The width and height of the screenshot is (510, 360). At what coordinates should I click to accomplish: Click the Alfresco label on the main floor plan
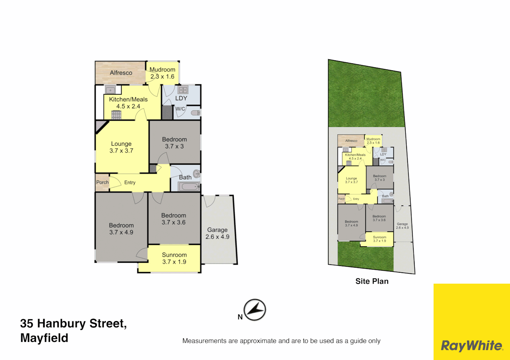(x=121, y=73)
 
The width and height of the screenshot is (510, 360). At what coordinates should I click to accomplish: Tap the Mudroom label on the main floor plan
(x=162, y=69)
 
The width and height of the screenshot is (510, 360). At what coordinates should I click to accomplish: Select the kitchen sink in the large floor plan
(x=110, y=90)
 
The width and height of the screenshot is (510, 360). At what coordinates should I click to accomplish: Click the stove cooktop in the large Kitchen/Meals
(x=116, y=115)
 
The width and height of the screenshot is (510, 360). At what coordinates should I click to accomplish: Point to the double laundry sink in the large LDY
(x=183, y=90)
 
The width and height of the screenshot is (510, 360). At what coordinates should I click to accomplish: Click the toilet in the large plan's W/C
(x=196, y=113)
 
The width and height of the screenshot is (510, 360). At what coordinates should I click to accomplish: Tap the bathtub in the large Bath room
(x=188, y=186)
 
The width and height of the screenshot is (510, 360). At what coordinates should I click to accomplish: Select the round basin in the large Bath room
(x=197, y=173)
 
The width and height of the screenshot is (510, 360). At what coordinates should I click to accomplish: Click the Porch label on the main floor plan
(x=102, y=182)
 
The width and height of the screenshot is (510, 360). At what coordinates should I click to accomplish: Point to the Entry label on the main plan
(x=130, y=183)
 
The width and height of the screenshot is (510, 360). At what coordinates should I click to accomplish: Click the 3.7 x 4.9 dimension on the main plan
(x=121, y=232)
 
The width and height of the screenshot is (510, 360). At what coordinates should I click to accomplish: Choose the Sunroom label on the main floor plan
(x=174, y=255)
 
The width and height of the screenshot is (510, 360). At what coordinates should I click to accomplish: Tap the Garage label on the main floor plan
(x=217, y=230)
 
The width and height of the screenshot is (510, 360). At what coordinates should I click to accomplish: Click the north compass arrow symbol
(x=255, y=310)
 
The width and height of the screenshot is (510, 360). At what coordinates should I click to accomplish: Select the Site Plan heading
(x=372, y=281)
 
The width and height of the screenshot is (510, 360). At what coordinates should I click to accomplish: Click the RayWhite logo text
(x=472, y=346)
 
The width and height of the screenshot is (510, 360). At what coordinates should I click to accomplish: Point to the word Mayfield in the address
(x=44, y=338)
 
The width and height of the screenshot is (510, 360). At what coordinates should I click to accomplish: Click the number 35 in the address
(x=27, y=323)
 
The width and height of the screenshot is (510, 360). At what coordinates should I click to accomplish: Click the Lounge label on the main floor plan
(x=121, y=144)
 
